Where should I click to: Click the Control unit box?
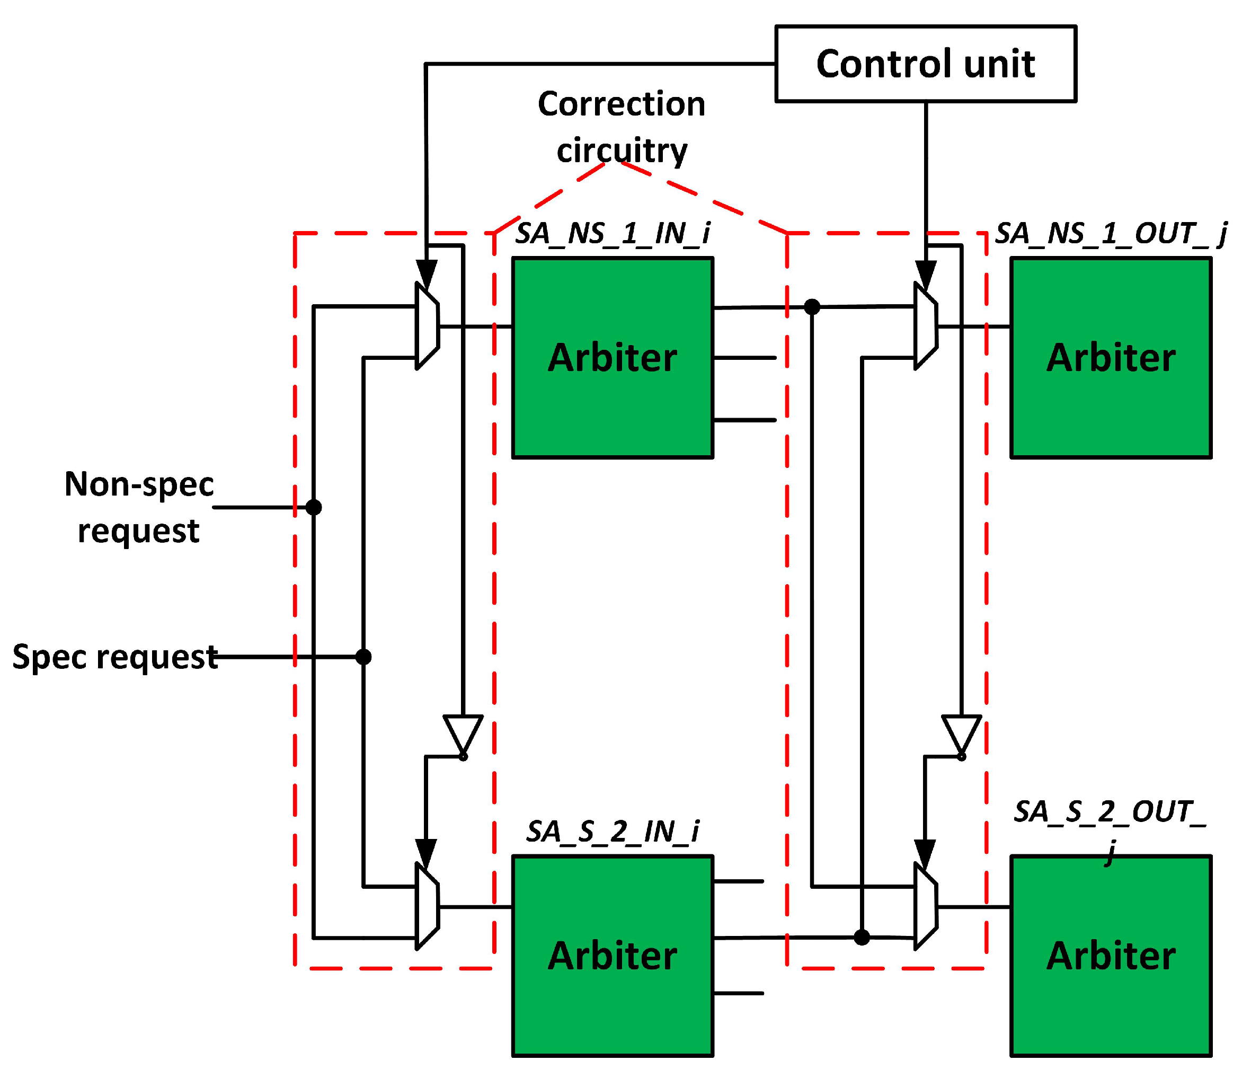[x=925, y=64]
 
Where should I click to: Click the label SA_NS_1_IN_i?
[x=612, y=234]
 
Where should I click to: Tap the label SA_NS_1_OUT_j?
[x=1110, y=234]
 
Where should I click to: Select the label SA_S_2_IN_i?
[x=612, y=831]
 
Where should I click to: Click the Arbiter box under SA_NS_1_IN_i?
[x=612, y=358]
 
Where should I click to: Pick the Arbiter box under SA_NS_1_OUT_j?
[x=1110, y=358]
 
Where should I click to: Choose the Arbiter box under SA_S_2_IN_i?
[x=612, y=956]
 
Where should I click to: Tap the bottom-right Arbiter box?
[x=1110, y=956]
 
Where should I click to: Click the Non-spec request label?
[x=139, y=508]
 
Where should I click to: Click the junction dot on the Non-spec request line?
[x=314, y=507]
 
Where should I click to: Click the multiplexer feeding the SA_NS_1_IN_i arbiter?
[x=427, y=326]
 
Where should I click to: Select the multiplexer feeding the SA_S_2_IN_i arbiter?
[x=427, y=907]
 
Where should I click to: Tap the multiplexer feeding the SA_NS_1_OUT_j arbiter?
[x=925, y=326]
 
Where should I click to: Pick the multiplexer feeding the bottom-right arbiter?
[x=925, y=907]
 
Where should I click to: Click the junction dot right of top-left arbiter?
[x=811, y=307]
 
